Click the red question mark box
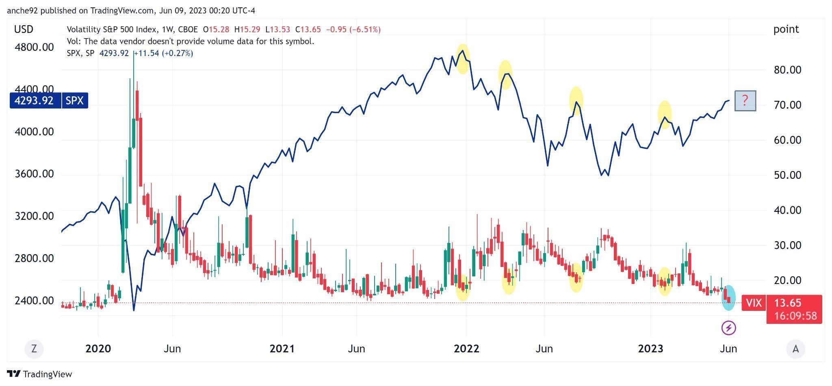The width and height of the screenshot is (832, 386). [x=745, y=100]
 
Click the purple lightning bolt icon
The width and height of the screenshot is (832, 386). [x=728, y=327]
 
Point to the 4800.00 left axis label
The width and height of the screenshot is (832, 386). [x=34, y=48]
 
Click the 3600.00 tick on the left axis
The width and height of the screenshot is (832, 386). [x=34, y=174]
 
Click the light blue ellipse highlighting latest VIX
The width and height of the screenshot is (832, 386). [x=728, y=298]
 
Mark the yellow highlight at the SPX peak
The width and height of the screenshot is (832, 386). [x=463, y=59]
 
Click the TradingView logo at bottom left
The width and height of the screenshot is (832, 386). [x=39, y=374]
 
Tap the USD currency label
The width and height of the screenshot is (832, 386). [x=24, y=29]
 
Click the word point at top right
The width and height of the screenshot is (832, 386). [x=786, y=29]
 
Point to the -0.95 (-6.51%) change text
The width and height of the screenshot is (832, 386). [x=353, y=30]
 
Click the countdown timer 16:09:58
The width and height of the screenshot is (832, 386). [x=795, y=316]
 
